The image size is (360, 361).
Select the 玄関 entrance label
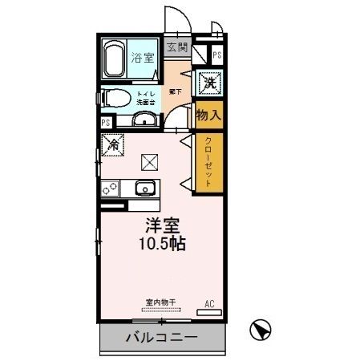coord(176,47)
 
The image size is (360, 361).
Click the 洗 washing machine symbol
coord(208,82)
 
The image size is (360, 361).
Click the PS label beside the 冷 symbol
coord(105,123)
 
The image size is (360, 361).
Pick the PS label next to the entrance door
coord(216,56)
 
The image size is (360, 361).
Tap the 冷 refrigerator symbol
coord(111,147)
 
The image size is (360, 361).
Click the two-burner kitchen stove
coord(110,189)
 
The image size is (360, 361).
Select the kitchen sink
coord(145,189)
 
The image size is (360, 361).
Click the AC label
coord(210,304)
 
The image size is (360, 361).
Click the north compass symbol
coord(261,328)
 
